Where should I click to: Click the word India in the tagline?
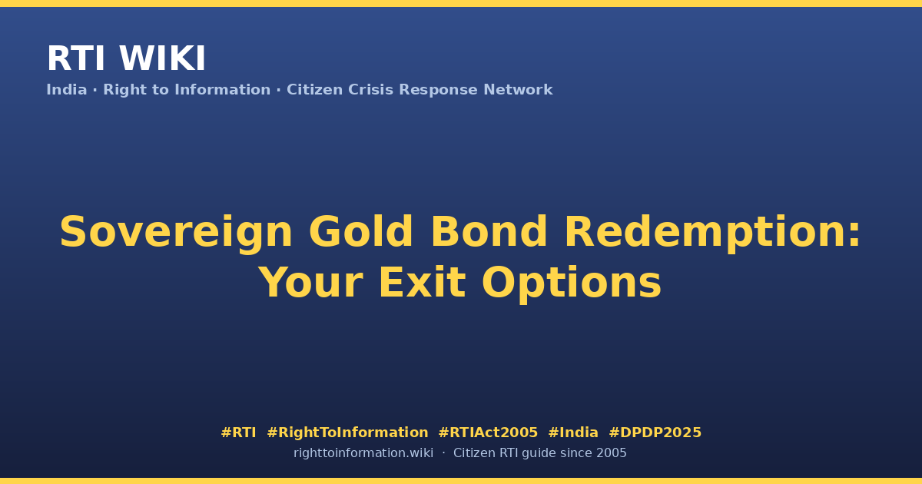click(67, 90)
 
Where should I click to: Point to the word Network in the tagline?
click(518, 90)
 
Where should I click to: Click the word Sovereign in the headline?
click(176, 233)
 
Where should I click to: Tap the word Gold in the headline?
click(360, 232)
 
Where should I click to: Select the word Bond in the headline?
click(489, 232)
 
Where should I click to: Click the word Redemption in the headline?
click(705, 233)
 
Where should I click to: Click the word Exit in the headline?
click(423, 283)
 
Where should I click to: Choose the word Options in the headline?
click(572, 284)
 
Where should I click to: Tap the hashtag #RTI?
click(238, 433)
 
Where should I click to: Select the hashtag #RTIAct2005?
click(488, 433)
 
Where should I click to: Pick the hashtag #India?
click(573, 433)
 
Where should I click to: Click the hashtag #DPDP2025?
click(655, 433)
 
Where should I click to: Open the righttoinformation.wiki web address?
click(363, 453)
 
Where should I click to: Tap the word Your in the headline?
click(311, 283)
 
